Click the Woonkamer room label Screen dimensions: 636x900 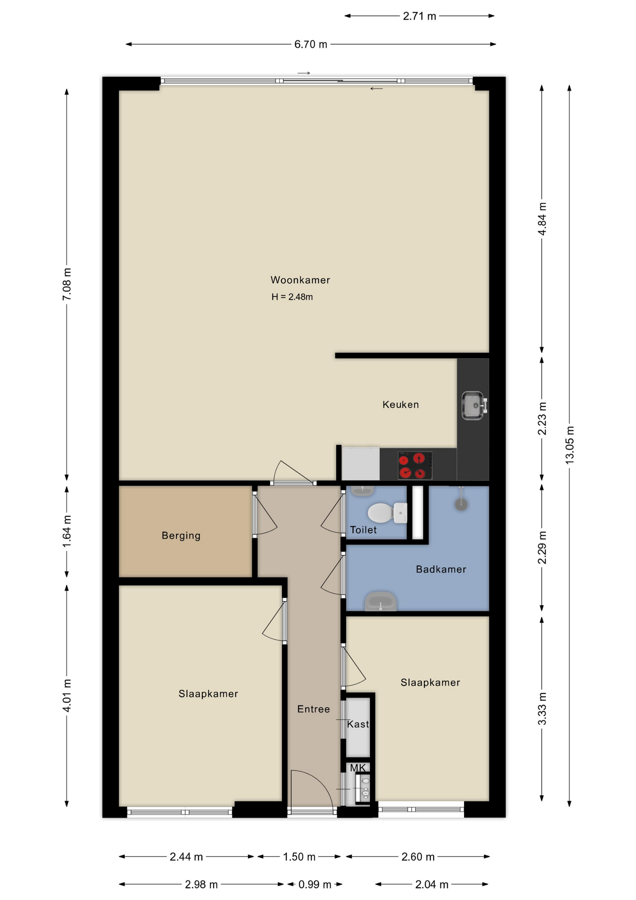300,280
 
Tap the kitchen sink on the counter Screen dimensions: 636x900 474,405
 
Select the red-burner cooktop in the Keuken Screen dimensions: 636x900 415,465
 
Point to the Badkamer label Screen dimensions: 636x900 441,569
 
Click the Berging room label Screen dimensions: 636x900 181,535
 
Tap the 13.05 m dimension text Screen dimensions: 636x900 569,445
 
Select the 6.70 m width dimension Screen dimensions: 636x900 311,45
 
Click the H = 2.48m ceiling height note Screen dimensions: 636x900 292,297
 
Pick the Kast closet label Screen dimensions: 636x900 358,724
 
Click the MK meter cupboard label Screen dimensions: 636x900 358,768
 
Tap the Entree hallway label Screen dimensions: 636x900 313,709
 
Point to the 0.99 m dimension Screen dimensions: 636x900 315,885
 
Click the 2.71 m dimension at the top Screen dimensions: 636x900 420,16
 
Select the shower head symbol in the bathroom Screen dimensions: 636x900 461,499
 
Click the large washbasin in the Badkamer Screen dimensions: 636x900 381,601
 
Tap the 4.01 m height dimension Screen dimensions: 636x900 67,696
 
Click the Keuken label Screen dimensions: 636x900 401,405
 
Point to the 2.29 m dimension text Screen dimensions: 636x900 542,547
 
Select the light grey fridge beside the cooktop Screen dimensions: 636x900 361,464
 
